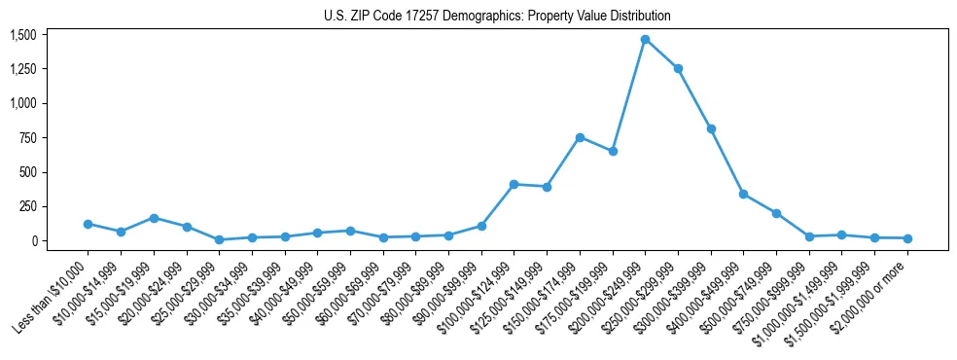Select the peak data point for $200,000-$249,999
click(x=645, y=40)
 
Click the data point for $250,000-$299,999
click(x=678, y=69)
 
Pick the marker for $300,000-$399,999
click(x=711, y=128)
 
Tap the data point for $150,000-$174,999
click(x=580, y=137)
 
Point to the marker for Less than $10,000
click(x=88, y=224)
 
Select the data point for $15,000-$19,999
click(x=154, y=218)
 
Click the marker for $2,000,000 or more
click(x=907, y=238)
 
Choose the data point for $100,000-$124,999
click(x=514, y=184)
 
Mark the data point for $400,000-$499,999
click(x=743, y=195)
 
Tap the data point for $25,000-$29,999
click(x=219, y=239)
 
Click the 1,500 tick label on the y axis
click(x=22, y=35)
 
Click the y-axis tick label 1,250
click(x=22, y=69)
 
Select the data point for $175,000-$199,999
click(x=613, y=151)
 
